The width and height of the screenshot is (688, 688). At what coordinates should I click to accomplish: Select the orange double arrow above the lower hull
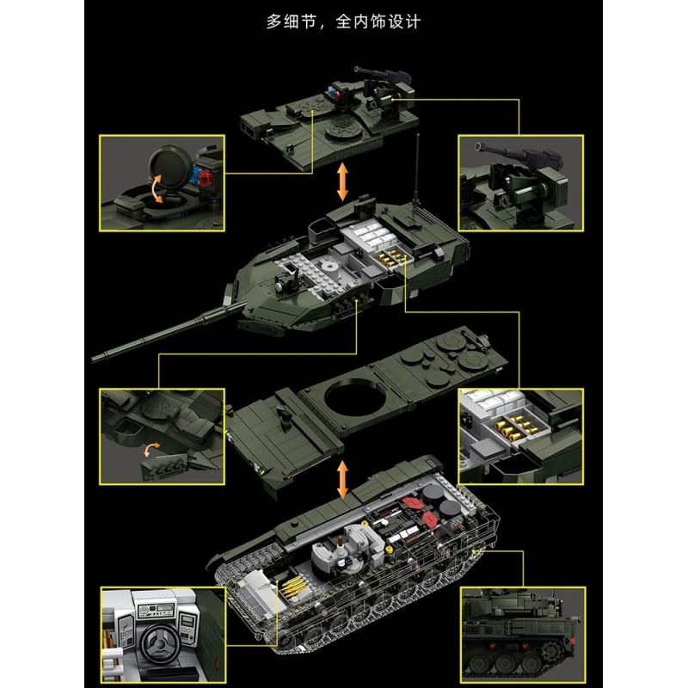[343, 478]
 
